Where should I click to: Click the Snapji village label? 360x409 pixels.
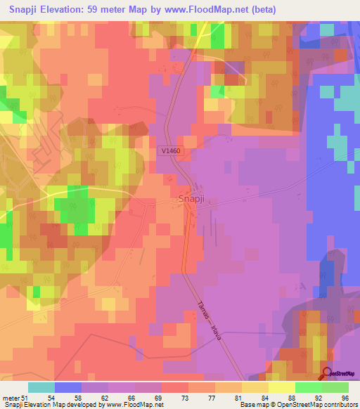(191, 200)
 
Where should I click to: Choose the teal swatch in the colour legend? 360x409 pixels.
(41, 387)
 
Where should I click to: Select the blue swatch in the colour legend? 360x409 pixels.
(68, 387)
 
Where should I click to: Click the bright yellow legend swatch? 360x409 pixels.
(282, 387)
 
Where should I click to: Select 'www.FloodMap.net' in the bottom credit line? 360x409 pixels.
(133, 405)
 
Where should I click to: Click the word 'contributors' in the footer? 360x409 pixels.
(340, 405)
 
